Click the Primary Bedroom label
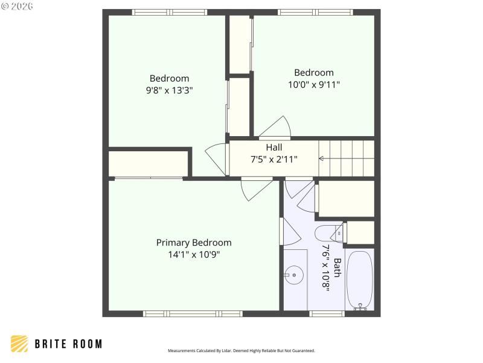pos(194,243)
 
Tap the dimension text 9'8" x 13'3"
pos(169,90)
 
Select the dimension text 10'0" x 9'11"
pos(313,85)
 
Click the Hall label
pos(274,147)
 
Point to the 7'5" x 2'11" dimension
pos(274,159)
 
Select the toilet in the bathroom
pos(329,233)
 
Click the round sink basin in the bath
pos(294,276)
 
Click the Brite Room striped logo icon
pos(19,344)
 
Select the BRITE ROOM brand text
pos(68,344)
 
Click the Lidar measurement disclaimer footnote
pos(241,350)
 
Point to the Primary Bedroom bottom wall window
pos(193,313)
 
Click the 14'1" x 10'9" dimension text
pos(194,255)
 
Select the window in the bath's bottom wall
pos(327,313)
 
